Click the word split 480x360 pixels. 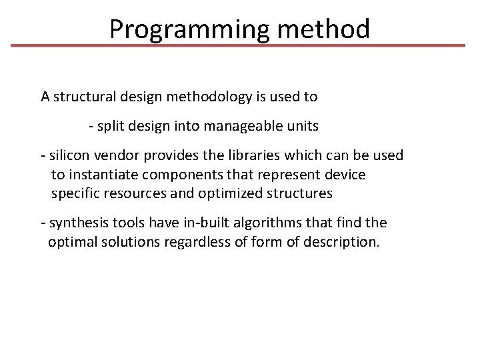pos(113,126)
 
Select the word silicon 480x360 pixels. pos(69,155)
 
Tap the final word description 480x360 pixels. pos(341,241)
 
